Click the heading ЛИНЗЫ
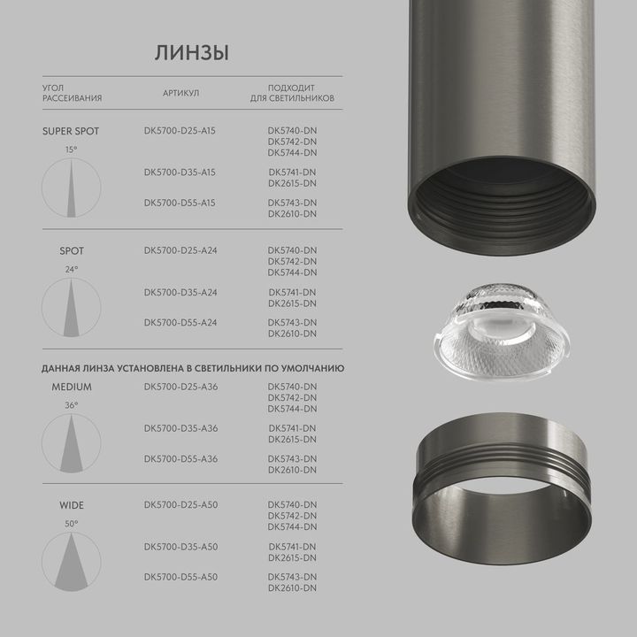point(192,52)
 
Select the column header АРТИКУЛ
point(180,93)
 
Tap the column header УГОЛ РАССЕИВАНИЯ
point(72,93)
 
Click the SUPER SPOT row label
point(71,131)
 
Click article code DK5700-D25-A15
point(180,131)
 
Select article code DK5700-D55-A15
point(180,203)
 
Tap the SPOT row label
point(71,251)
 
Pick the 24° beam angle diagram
point(71,307)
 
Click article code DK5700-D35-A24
point(180,292)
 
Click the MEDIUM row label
point(71,387)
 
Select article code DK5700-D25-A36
point(180,387)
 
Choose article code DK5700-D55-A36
point(180,458)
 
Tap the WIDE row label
point(71,506)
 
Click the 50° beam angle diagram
point(71,562)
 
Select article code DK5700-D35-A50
point(180,547)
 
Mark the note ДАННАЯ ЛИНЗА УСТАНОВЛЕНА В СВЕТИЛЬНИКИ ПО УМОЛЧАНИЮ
point(193,366)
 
